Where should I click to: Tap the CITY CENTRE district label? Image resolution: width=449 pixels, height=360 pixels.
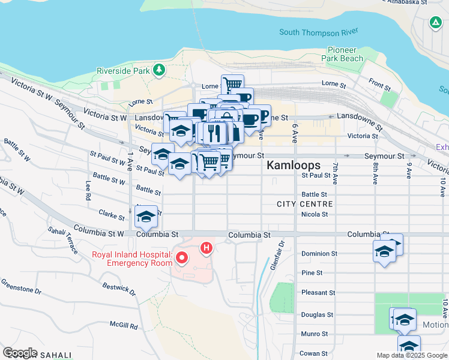304,204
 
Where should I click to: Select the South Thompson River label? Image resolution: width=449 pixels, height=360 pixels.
319,31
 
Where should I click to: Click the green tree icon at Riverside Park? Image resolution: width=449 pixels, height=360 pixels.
159,70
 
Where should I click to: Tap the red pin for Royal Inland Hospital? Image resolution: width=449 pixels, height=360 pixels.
181,259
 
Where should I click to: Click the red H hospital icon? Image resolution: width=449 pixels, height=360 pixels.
206,247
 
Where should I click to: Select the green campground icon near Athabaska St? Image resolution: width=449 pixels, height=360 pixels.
435,23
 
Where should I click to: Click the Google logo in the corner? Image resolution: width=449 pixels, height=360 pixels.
19,353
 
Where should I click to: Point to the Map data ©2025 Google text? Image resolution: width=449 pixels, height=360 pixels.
411,355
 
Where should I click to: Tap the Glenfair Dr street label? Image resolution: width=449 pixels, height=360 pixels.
277,255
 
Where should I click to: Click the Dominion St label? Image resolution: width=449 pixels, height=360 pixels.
319,253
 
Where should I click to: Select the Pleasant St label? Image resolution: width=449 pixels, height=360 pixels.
318,293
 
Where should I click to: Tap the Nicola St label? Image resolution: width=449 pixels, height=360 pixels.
315,214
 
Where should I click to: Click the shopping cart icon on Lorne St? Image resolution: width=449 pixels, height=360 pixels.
232,85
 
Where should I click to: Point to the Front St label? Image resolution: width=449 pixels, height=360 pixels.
379,85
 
